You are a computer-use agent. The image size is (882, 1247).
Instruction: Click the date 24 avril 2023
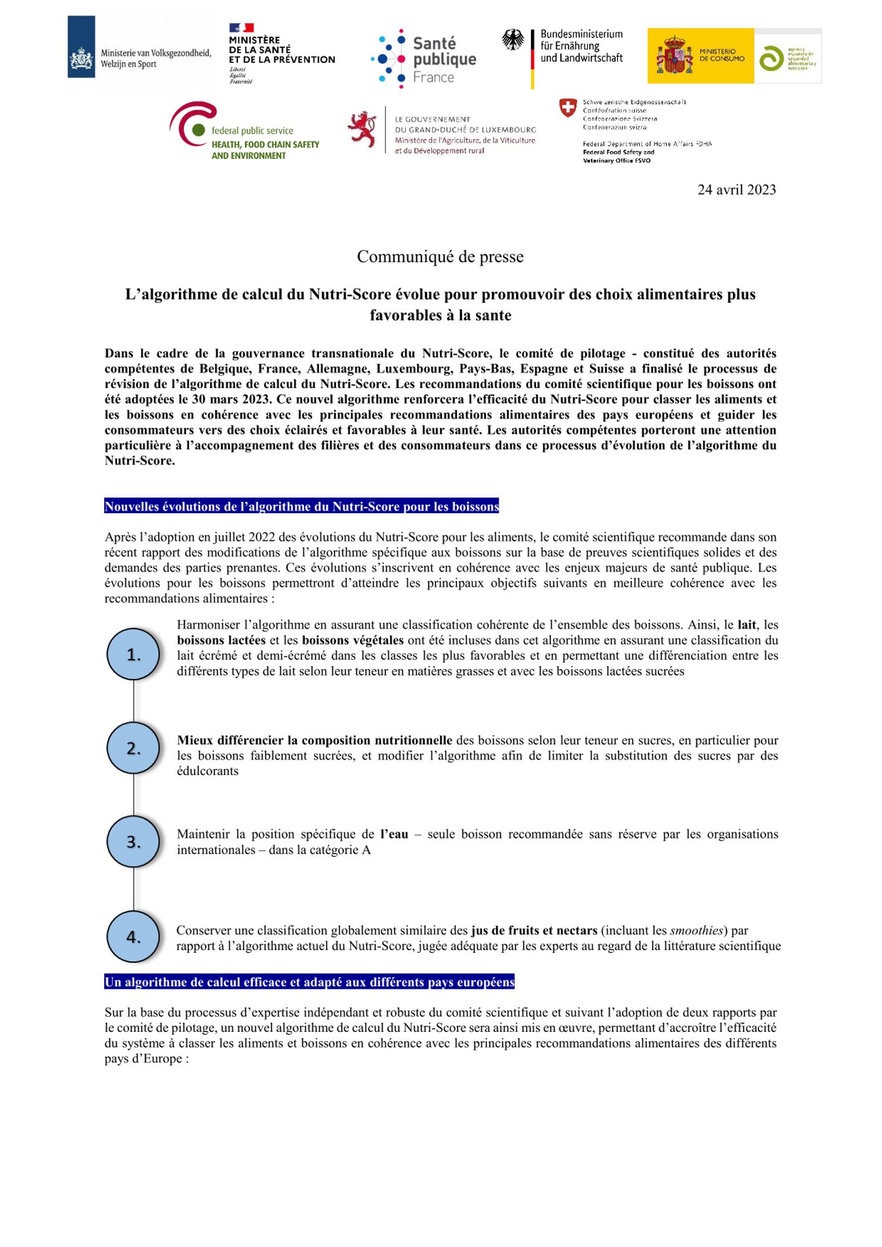(736, 190)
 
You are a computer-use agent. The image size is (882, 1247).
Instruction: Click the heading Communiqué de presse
(440, 257)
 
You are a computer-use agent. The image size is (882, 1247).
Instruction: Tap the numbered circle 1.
(133, 654)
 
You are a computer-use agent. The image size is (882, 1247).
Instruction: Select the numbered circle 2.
(133, 748)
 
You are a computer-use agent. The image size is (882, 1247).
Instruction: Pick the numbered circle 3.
(133, 842)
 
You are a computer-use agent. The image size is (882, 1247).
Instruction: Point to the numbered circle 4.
(133, 936)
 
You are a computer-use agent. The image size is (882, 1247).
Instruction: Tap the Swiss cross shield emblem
(568, 108)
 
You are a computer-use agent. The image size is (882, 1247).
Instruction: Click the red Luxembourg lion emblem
(363, 129)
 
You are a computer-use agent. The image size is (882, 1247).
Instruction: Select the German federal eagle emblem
(513, 40)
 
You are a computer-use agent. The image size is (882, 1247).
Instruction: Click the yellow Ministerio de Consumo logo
(701, 56)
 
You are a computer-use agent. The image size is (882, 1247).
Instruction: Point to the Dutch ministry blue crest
(81, 47)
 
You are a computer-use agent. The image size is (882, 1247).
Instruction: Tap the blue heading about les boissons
(302, 506)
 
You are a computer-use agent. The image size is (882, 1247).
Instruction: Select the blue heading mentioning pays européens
(309, 982)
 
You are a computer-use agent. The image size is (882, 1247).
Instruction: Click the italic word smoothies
(696, 930)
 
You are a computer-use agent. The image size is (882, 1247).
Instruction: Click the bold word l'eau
(394, 834)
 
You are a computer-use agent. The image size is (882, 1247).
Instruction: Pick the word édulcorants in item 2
(208, 771)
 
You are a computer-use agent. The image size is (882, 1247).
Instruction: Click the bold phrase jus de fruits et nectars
(534, 930)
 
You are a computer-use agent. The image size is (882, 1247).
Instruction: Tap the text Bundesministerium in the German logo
(582, 34)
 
